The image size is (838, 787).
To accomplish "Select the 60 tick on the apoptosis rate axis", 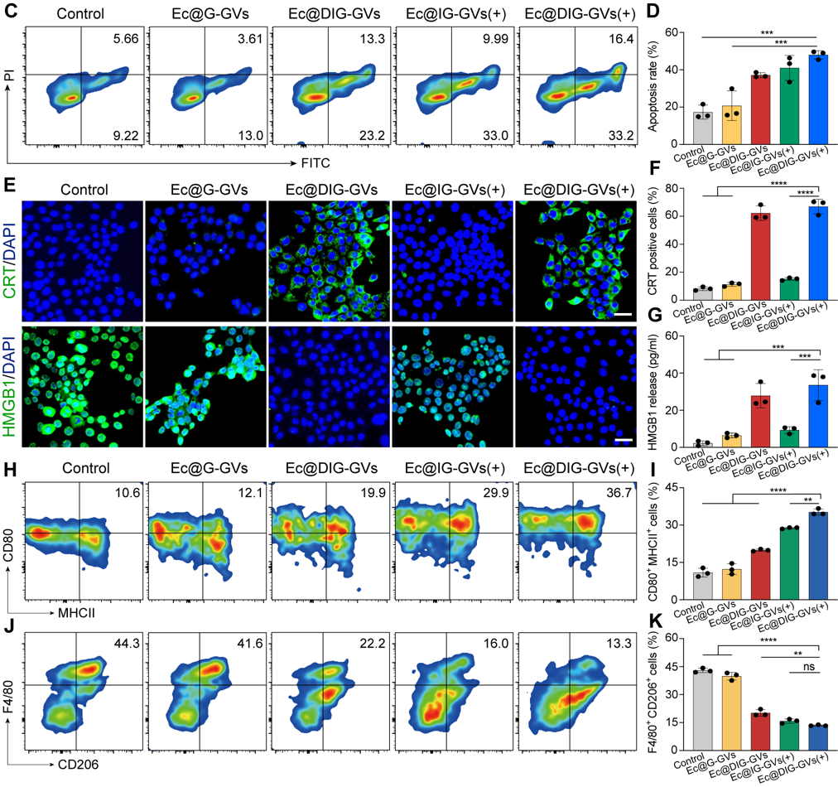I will [681, 33].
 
